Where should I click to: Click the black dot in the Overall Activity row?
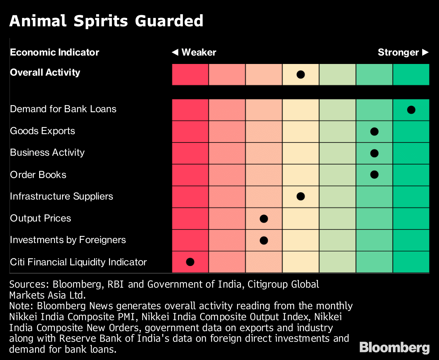[x=301, y=75]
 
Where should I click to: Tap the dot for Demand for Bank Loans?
[x=411, y=110]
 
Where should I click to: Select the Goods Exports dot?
[x=374, y=132]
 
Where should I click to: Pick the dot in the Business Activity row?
[x=374, y=153]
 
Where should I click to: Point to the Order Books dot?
[x=374, y=175]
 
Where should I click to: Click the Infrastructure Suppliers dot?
[x=301, y=197]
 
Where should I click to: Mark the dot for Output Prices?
[x=264, y=219]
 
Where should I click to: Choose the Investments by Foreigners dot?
[x=264, y=240]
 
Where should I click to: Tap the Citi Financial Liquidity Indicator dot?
[x=190, y=262]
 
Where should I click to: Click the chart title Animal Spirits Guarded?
[x=106, y=21]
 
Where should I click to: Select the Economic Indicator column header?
[x=55, y=52]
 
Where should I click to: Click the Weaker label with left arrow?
[x=194, y=52]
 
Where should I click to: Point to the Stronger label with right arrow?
[x=403, y=52]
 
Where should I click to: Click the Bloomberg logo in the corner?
[x=394, y=347]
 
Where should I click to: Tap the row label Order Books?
[x=38, y=175]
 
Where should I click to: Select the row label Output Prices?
[x=40, y=219]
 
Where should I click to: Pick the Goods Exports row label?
[x=42, y=131]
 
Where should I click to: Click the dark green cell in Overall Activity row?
[x=411, y=75]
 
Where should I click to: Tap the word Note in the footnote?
[x=20, y=306]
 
